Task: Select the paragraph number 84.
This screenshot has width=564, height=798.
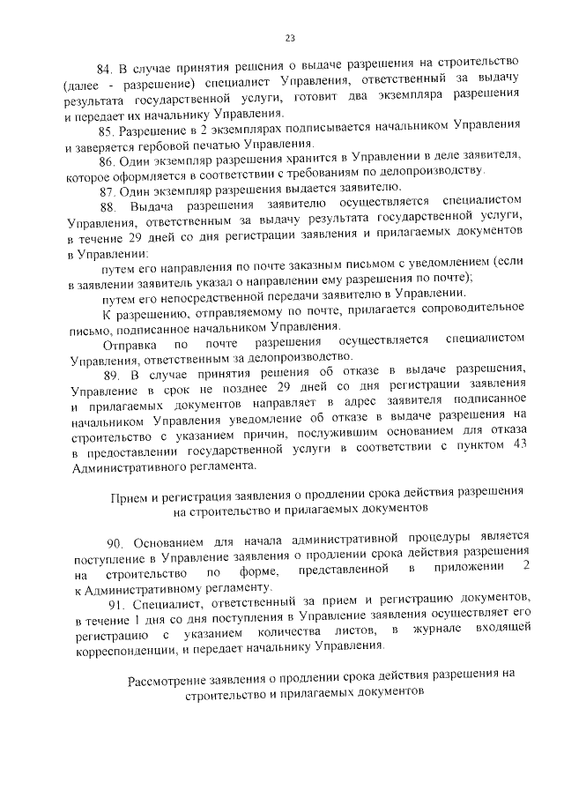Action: coord(105,69)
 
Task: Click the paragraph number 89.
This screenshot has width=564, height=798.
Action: coord(112,373)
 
